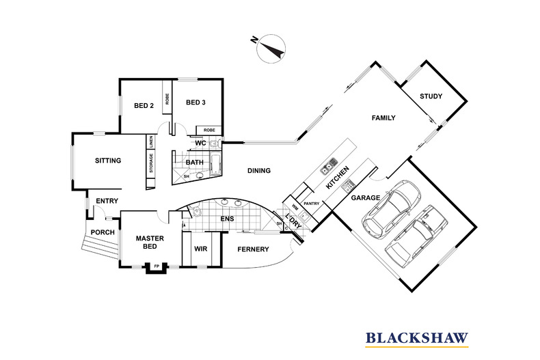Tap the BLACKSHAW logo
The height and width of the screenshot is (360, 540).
point(417,337)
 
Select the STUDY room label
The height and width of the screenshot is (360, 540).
point(431,96)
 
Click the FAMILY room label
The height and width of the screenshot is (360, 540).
point(383,118)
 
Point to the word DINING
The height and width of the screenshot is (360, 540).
point(259,171)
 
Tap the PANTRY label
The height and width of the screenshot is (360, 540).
point(312,204)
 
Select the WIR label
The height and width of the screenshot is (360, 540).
point(201,249)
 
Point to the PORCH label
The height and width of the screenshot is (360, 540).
point(103,232)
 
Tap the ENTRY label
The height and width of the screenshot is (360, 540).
point(107,201)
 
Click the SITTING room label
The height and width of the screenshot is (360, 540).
point(108,161)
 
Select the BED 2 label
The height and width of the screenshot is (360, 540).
point(143,105)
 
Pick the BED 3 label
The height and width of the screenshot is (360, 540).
point(195,103)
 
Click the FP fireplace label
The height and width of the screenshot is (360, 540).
point(157,266)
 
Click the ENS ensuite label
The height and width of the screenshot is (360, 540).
point(226,219)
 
